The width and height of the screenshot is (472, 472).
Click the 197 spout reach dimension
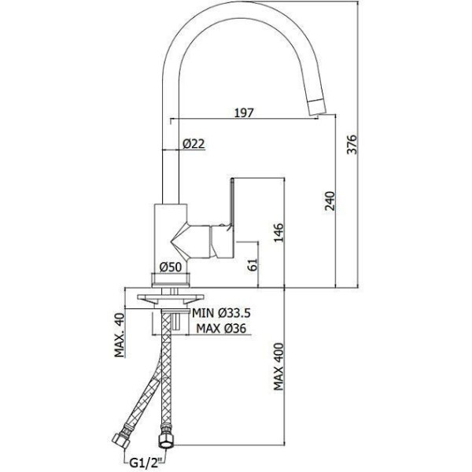244,112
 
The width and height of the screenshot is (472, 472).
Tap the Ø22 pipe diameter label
194,144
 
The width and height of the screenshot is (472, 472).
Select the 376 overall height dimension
352,145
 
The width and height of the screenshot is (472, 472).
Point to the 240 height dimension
330,201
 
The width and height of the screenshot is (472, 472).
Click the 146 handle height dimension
278,232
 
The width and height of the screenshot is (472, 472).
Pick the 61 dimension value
254,264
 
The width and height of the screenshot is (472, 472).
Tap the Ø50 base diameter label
171,267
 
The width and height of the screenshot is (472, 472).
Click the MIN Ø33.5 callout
221,313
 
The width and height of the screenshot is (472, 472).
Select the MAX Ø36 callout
221,328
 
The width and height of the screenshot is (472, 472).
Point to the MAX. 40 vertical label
120,335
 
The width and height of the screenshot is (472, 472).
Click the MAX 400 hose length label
278,367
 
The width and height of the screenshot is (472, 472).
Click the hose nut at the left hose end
121,441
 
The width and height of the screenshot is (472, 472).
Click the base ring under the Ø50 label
171,278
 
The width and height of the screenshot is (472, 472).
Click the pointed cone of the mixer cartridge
180,242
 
